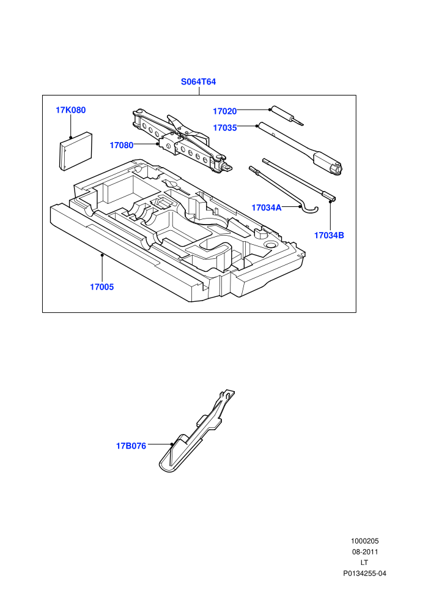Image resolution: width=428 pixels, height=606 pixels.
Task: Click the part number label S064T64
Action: coord(198,82)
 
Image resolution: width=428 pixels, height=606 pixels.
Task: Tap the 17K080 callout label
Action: coord(71,110)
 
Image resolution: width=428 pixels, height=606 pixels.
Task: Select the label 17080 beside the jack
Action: coord(122,145)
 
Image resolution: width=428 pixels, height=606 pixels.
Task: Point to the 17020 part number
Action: coord(224,111)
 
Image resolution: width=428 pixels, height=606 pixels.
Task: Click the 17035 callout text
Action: coord(225,128)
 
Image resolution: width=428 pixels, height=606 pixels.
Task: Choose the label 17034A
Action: coord(267,208)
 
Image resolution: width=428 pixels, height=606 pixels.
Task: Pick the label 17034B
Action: coord(329,236)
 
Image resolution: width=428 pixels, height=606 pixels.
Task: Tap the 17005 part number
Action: coord(102,286)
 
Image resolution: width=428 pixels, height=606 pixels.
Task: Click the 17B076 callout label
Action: coord(131,446)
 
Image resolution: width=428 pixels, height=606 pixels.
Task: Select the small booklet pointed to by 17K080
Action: coord(76,151)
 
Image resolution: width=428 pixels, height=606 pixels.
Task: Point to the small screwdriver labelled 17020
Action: coord(287,116)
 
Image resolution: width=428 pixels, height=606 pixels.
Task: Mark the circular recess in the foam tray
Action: coord(270,245)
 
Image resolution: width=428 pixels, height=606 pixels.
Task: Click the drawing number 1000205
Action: coord(364,541)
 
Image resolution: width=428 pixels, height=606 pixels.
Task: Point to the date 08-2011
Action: coord(364,552)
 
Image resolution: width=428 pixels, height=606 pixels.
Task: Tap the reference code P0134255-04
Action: coord(364,574)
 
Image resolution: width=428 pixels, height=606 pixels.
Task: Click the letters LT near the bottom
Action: coord(364,563)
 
